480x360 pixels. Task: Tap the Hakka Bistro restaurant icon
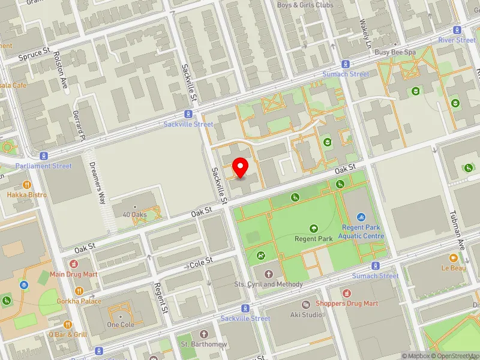coord(26,184)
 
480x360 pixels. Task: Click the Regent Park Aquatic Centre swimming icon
coord(361,217)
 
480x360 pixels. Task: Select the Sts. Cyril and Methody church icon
coord(268,274)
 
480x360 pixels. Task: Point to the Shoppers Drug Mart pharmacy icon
coord(347,293)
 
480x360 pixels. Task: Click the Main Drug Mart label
coord(74,274)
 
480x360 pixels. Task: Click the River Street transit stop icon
coord(457,30)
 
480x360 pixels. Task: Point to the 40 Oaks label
coord(134,214)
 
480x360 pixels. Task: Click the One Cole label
coord(121,325)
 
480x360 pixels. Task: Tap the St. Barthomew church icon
coord(203,334)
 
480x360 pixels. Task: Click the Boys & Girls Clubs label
coord(305,5)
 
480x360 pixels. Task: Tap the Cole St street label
coord(202,262)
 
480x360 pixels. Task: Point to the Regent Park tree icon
coord(313,228)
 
